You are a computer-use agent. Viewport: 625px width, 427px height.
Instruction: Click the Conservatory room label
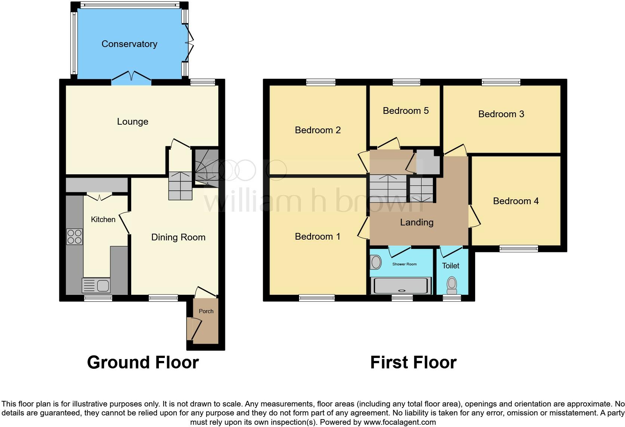coord(129,44)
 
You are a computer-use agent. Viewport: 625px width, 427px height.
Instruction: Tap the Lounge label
coord(133,122)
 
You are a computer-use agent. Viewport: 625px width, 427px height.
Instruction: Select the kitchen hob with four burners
coord(74,237)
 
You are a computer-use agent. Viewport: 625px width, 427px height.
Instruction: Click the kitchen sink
coord(96,286)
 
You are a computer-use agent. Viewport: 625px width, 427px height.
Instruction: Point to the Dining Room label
coord(178,237)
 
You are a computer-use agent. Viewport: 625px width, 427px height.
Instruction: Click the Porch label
coord(206,311)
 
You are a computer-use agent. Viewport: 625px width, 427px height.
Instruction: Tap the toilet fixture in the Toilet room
coord(452,286)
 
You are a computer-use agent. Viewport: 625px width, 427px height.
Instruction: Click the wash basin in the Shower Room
coord(376,262)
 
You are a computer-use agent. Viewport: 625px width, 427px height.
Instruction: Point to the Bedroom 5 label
coord(406,111)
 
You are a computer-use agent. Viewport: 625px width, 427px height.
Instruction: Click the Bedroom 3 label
coord(501,114)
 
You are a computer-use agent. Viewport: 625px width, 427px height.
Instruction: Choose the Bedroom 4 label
coord(515,201)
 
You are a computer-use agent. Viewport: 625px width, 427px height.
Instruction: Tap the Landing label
coord(417,222)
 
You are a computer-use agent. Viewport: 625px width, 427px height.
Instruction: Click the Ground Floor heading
coord(143,362)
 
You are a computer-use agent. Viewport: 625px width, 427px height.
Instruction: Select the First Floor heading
coord(413,362)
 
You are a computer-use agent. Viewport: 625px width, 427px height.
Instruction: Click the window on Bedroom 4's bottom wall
coord(519,249)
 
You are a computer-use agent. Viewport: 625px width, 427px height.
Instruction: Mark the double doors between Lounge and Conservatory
coord(131,78)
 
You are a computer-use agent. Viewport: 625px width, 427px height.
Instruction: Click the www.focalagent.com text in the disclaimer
coord(399,423)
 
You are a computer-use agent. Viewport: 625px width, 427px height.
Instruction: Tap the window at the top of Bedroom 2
coord(320,82)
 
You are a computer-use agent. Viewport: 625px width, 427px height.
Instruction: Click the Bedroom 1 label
coord(317,237)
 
